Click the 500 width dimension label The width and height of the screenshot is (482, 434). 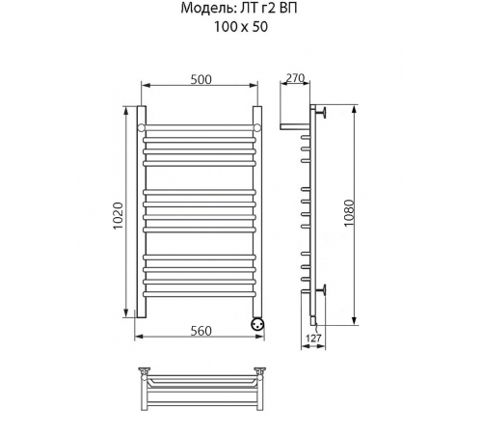(201, 79)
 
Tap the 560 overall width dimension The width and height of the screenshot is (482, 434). (201, 331)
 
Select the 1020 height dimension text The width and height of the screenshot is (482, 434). (119, 215)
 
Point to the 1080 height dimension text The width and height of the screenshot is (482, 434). (349, 213)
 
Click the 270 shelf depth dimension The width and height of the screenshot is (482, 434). (295, 78)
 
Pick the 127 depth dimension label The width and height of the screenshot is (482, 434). (313, 339)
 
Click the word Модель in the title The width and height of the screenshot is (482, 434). (207, 8)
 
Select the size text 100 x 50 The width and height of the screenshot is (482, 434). (241, 27)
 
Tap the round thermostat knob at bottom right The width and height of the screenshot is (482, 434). (257, 323)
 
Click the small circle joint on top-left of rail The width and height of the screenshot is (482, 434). (142, 128)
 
